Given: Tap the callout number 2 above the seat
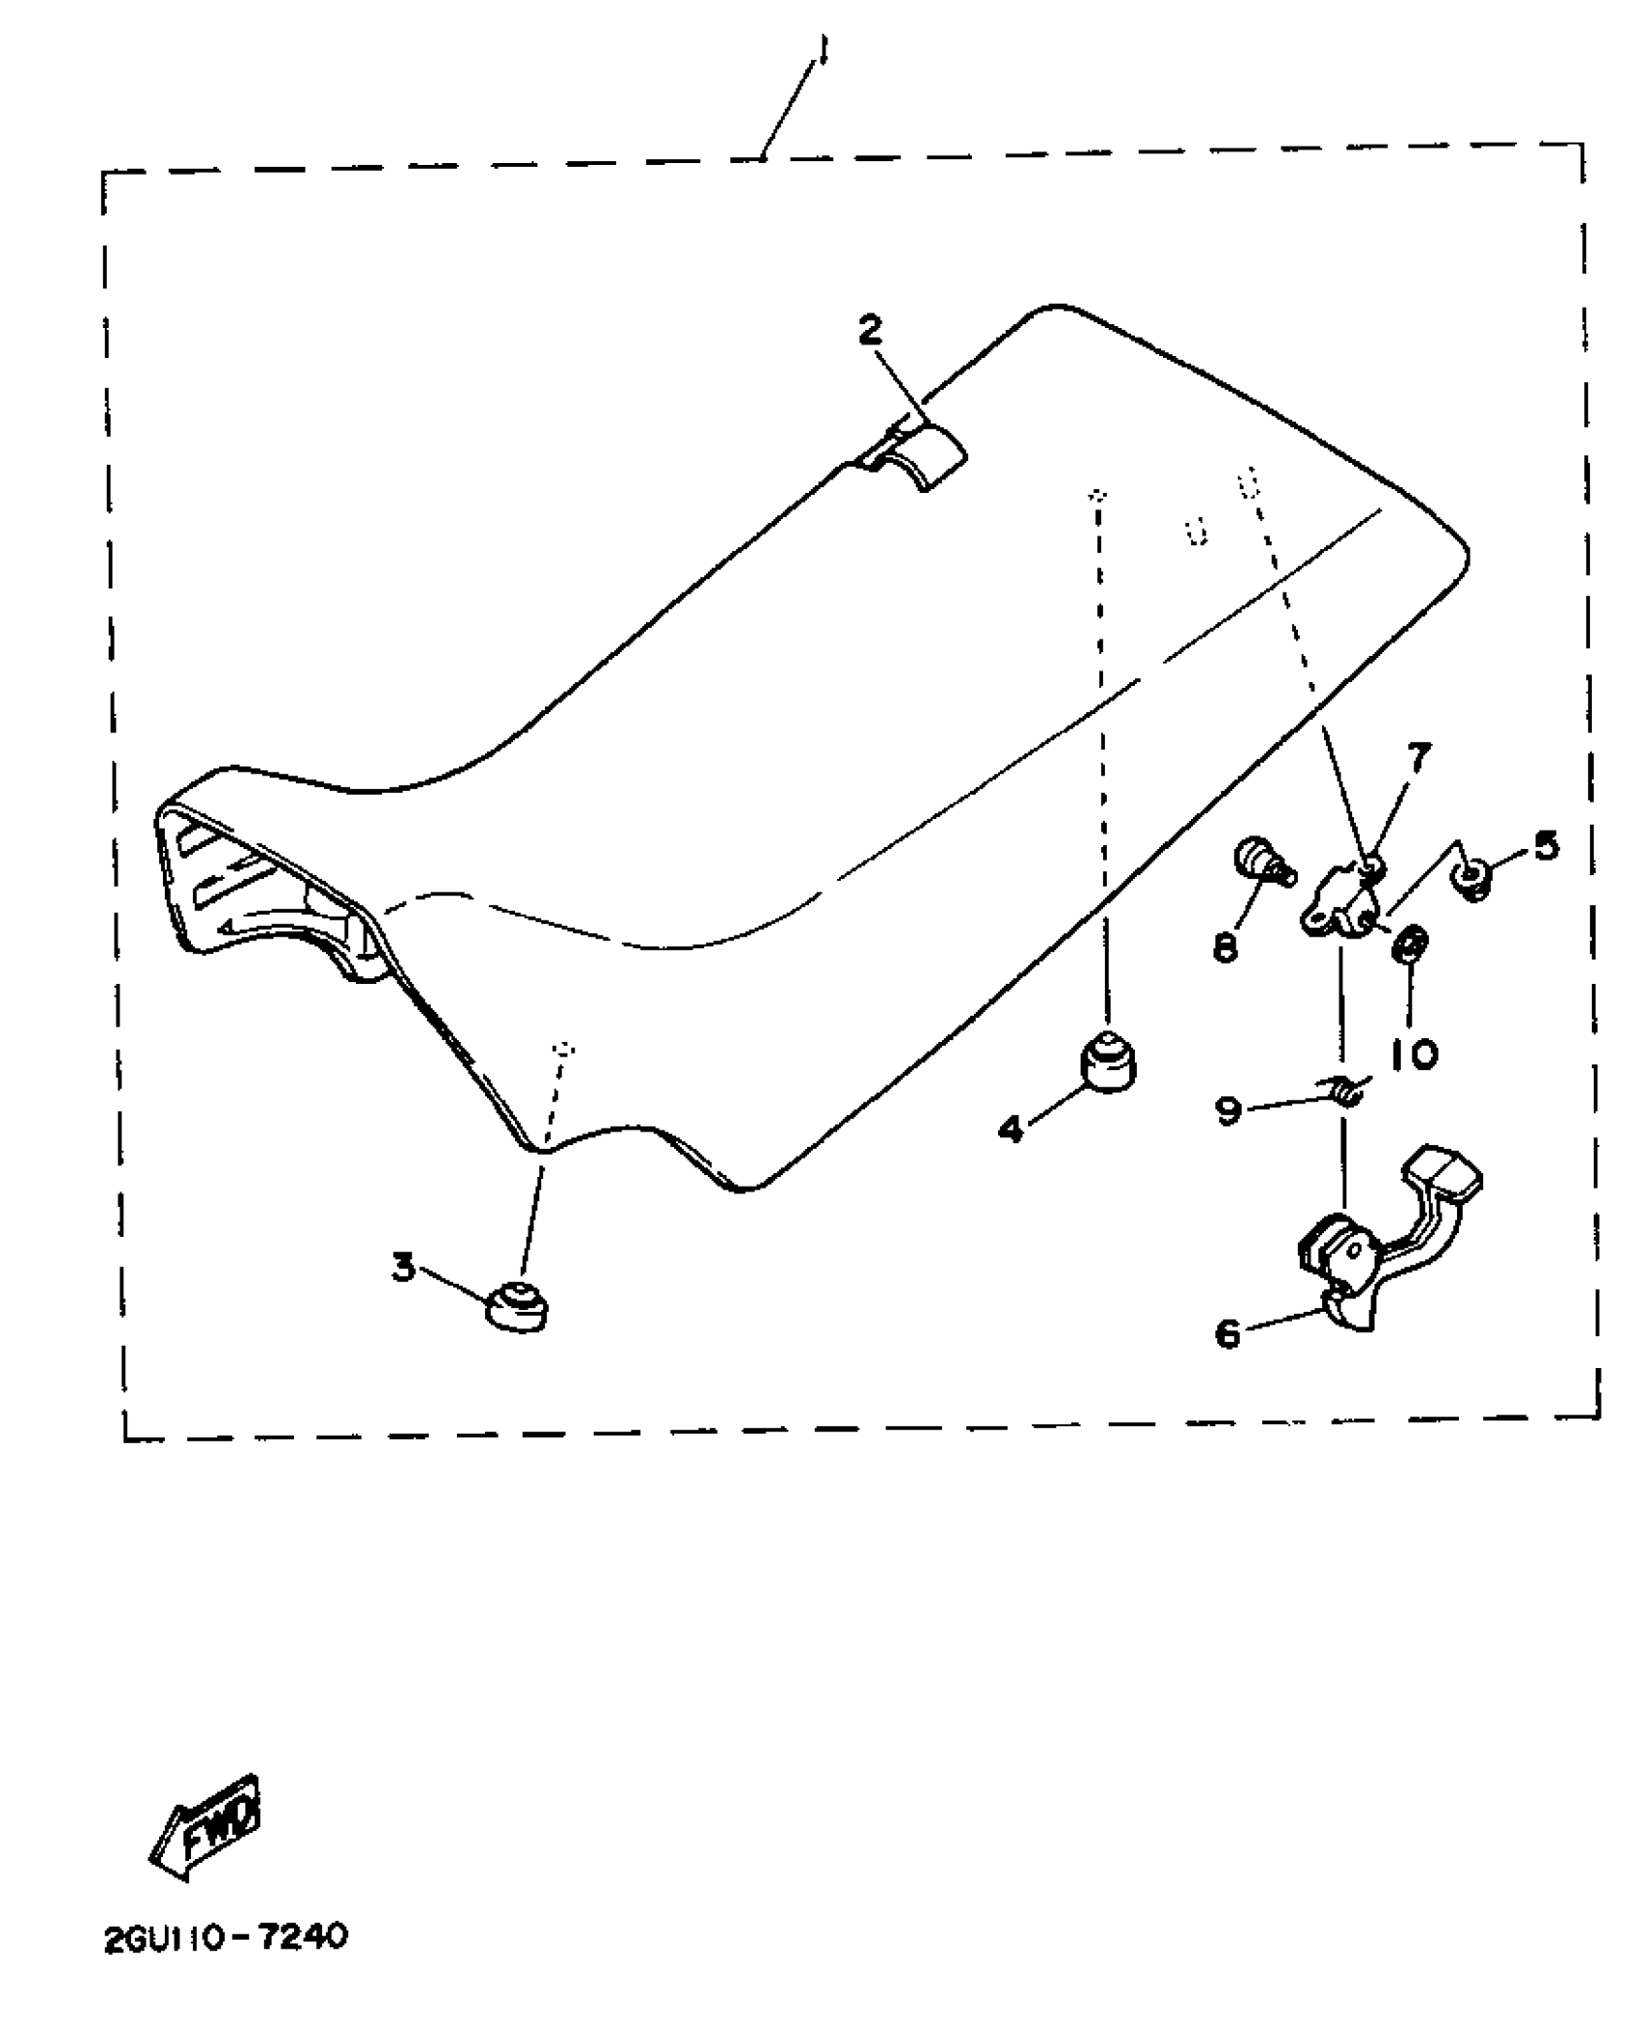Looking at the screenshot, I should click(x=870, y=331).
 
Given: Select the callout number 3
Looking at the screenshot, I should click(x=404, y=1267).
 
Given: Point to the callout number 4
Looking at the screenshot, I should click(x=1011, y=1128).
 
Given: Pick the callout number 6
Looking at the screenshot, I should click(x=1227, y=1334).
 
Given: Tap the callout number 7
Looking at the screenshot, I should click(x=1419, y=758).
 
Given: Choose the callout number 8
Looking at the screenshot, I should click(x=1226, y=947).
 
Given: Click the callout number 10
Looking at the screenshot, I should click(x=1413, y=1053).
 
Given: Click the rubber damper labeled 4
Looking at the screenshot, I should click(x=1108, y=1064).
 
